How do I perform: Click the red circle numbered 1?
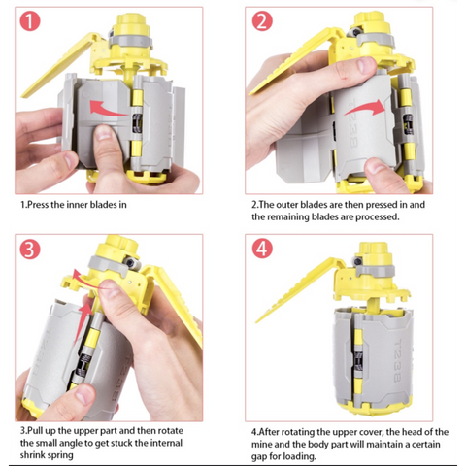click(30, 21)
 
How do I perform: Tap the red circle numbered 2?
click(262, 21)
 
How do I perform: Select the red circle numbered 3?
click(30, 249)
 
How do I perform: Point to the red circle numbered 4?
click(262, 249)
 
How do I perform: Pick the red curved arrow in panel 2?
click(365, 108)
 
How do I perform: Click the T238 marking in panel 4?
click(397, 360)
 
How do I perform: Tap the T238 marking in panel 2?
click(353, 123)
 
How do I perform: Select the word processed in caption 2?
click(377, 216)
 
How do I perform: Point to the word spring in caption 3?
click(60, 455)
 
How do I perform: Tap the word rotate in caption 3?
click(171, 431)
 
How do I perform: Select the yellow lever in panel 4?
click(297, 289)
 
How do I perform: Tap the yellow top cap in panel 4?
click(373, 252)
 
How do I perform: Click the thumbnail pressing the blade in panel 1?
click(103, 132)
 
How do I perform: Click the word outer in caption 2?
click(287, 205)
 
